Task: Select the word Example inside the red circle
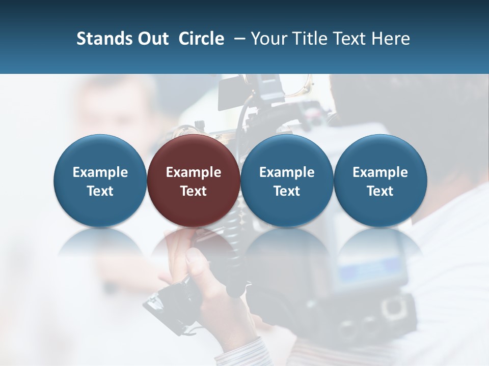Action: click(x=194, y=172)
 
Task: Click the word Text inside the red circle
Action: click(x=194, y=191)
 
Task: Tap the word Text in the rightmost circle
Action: click(x=380, y=191)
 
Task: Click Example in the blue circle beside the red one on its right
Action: click(x=287, y=172)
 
